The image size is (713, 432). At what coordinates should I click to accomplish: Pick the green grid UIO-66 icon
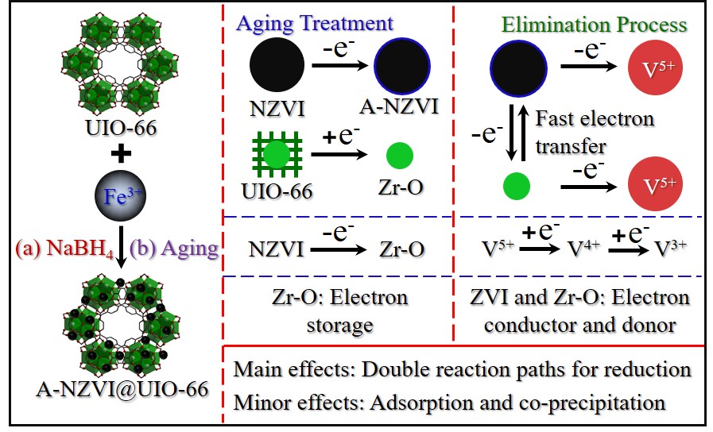274,156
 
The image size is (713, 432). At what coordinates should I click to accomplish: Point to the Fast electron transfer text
595,132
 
